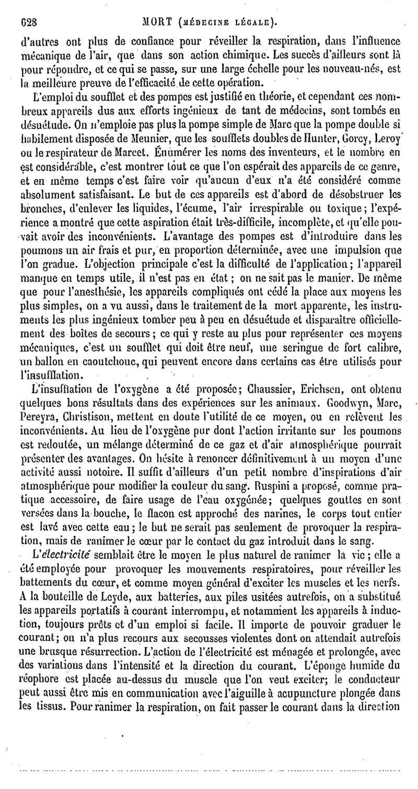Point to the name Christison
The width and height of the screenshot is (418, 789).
pyautogui.click(x=87, y=417)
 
